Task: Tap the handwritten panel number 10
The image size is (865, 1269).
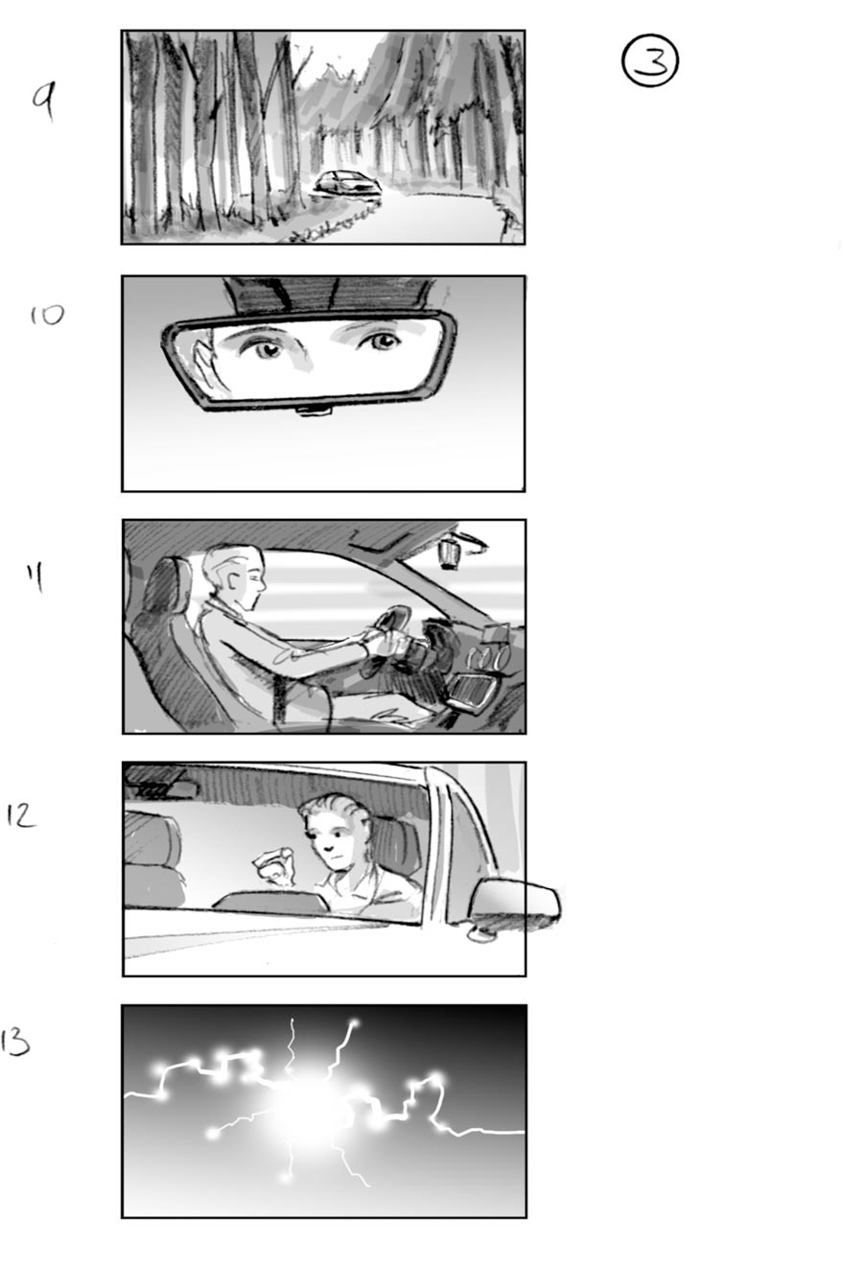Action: pyautogui.click(x=45, y=314)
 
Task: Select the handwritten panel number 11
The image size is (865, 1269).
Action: pyautogui.click(x=38, y=577)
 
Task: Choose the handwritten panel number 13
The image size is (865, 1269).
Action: pyautogui.click(x=15, y=1042)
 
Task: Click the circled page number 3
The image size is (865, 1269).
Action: pyautogui.click(x=649, y=61)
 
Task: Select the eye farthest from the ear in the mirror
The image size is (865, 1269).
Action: pyautogui.click(x=381, y=341)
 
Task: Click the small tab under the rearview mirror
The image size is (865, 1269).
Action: pyautogui.click(x=313, y=411)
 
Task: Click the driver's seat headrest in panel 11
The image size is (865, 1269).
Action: pyautogui.click(x=169, y=588)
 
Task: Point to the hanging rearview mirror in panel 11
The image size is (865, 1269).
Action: pyautogui.click(x=449, y=552)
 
